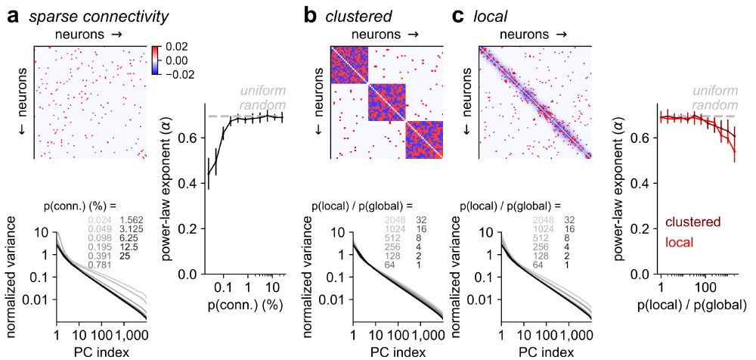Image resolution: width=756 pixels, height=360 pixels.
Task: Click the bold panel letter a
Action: coord(13,15)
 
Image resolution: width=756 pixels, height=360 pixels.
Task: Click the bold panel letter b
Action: coord(310,15)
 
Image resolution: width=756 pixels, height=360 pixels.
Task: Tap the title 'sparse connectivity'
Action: coord(99,16)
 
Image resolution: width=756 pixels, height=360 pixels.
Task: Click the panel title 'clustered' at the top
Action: coord(360,16)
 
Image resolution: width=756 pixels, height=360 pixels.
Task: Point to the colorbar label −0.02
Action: coord(181,74)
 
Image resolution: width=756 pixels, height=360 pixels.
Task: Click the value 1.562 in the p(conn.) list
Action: coord(132,219)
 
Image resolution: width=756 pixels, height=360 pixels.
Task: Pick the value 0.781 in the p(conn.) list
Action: coord(97,265)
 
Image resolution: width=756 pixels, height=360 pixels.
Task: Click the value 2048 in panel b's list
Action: coord(393,219)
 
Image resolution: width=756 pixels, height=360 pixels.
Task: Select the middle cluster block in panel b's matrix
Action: coord(386,103)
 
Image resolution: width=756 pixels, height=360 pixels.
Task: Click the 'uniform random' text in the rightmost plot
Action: coord(715,98)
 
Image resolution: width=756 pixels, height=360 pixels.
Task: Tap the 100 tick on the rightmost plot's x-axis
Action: coord(705,288)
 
